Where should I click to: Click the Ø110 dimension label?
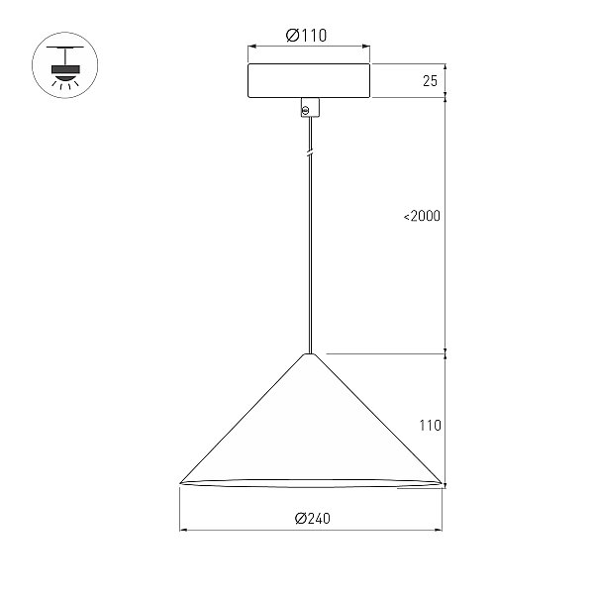306,36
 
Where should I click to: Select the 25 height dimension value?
430,81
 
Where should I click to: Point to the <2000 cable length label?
422,216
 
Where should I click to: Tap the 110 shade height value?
431,426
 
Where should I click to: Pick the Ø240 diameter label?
313,518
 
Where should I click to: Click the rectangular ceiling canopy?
309,81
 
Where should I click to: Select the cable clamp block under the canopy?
310,108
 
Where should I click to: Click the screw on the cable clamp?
305,111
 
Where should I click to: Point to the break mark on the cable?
310,152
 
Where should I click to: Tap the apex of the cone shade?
310,354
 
